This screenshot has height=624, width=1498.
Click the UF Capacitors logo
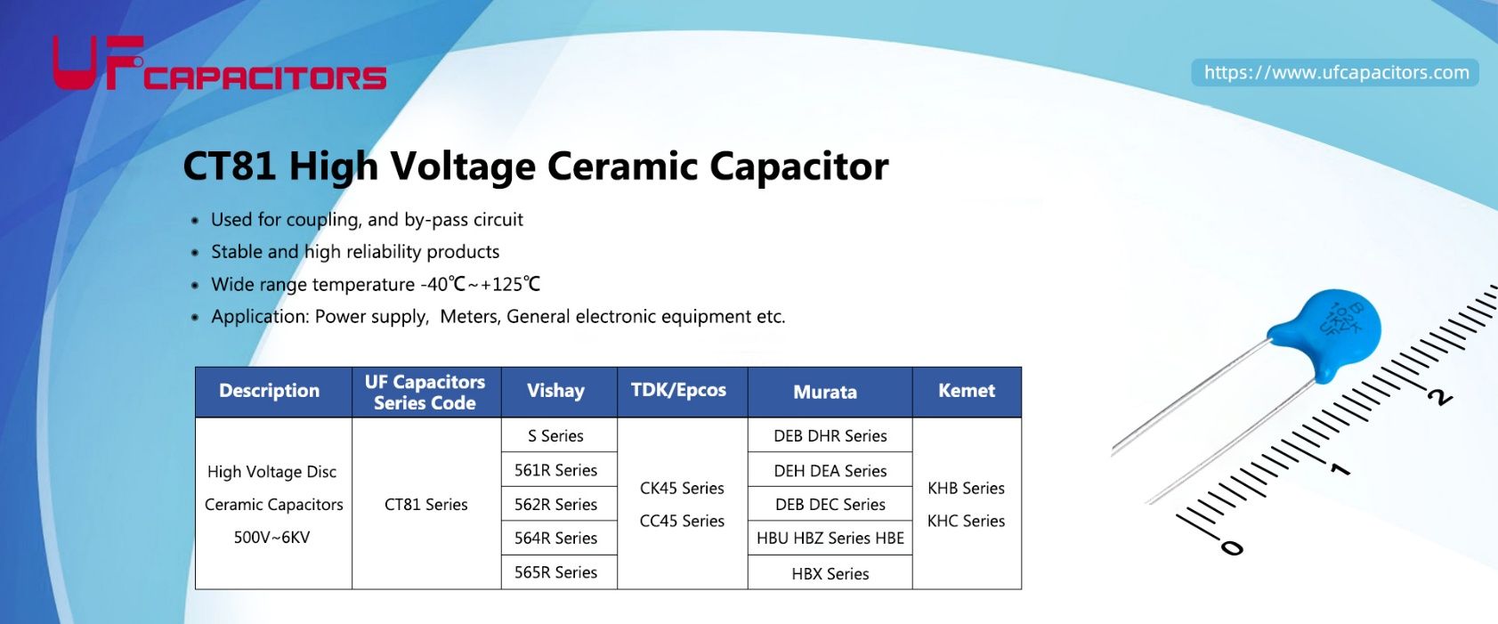[218, 64]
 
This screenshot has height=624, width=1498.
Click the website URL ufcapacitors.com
[1335, 73]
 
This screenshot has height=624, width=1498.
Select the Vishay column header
[555, 392]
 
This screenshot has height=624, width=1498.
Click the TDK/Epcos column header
[678, 391]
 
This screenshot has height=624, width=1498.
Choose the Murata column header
[825, 393]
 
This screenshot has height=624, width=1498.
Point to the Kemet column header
[966, 391]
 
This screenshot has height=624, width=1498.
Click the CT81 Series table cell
[425, 505]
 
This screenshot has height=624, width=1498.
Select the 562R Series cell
[555, 505]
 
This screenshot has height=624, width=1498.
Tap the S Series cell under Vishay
[555, 436]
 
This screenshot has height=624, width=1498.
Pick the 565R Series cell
[555, 572]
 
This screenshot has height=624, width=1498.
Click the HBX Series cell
[830, 574]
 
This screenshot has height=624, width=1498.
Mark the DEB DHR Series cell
[830, 436]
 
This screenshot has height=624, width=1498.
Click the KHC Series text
[966, 522]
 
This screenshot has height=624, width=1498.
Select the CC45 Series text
[682, 522]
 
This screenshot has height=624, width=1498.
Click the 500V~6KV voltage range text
[271, 538]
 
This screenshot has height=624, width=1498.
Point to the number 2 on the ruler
[1439, 396]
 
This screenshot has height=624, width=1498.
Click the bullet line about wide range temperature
[375, 285]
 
